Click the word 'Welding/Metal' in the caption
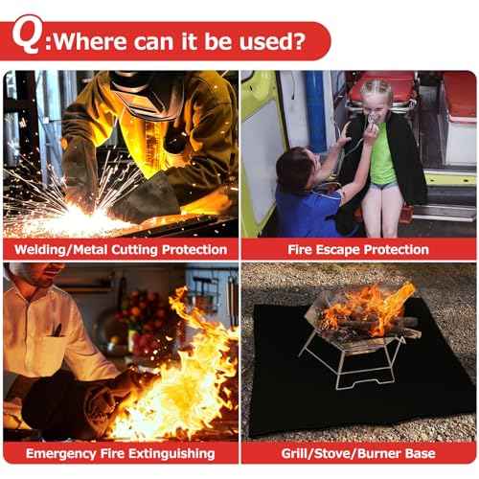pos(66,249)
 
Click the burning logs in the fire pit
pos(369,321)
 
